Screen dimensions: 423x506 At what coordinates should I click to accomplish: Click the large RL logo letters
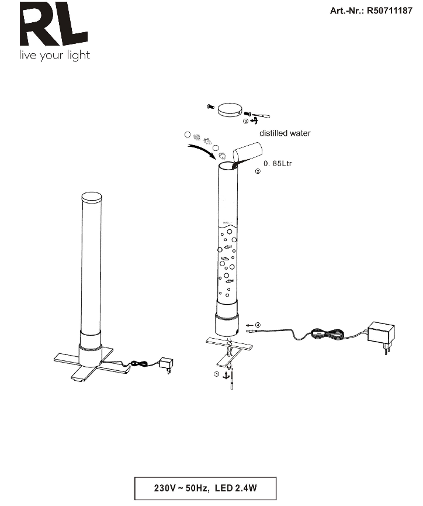click(x=53, y=23)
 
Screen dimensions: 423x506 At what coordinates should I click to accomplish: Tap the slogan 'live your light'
click(x=54, y=55)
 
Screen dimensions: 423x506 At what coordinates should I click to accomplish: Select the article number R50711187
click(x=390, y=11)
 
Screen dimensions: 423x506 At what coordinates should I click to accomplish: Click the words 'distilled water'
click(x=285, y=133)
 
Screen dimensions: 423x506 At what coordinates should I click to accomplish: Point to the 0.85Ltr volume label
click(x=278, y=163)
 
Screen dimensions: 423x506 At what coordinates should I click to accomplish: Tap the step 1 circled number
click(x=217, y=374)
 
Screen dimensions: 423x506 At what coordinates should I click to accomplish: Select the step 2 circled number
click(x=258, y=171)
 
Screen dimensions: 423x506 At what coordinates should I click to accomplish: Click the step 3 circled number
click(x=245, y=121)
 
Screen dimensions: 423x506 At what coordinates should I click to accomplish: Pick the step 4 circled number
click(x=258, y=325)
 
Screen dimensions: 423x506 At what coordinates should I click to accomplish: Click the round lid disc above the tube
click(x=230, y=109)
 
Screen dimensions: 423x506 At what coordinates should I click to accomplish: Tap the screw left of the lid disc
click(x=210, y=106)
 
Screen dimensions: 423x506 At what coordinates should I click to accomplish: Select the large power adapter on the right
click(x=382, y=336)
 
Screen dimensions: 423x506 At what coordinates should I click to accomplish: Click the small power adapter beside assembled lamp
click(x=167, y=364)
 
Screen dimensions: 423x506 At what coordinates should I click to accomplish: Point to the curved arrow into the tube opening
click(x=203, y=151)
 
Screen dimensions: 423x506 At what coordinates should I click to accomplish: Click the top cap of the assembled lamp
click(x=92, y=197)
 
